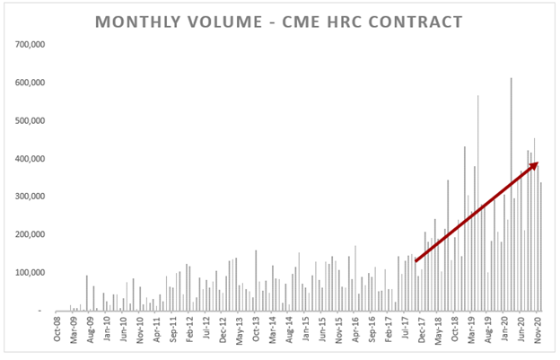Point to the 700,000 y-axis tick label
tap(30, 44)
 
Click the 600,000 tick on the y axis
tap(30, 83)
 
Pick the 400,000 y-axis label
tap(30, 159)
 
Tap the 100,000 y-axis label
tap(30, 273)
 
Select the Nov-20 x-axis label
tap(540, 330)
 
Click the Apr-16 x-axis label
tap(356, 330)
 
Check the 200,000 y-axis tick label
tap(30, 234)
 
